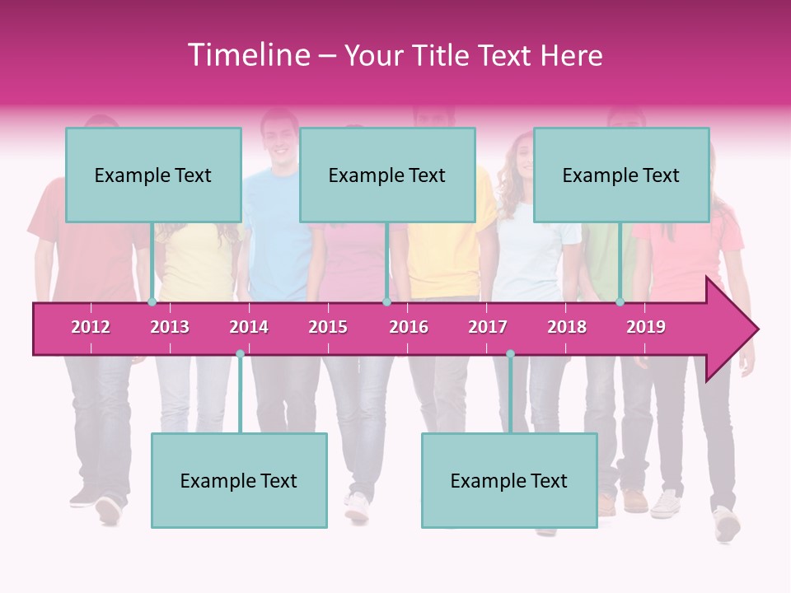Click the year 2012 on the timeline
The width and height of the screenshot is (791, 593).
point(91,327)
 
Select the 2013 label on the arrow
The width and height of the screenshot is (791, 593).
point(170,327)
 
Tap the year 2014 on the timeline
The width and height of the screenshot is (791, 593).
point(249,327)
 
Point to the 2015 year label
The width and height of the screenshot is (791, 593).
point(328,327)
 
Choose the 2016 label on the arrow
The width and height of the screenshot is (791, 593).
point(409,327)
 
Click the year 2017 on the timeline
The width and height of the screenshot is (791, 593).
point(488,327)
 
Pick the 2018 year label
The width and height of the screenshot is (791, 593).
point(567,327)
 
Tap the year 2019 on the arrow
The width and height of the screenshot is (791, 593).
point(646,327)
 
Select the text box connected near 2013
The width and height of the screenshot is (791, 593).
point(153,175)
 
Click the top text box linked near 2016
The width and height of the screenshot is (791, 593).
point(387,175)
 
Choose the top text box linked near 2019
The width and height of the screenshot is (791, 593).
point(621,175)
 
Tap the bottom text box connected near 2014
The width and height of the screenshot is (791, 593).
point(239,481)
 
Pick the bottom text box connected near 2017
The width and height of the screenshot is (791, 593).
point(509,481)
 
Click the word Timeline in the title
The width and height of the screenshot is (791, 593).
point(248,55)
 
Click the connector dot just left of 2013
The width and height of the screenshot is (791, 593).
point(152,302)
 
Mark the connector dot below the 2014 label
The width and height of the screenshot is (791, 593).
point(240,353)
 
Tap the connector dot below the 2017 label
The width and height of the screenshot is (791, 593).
point(510,353)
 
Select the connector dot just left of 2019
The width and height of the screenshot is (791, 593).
point(620,302)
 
